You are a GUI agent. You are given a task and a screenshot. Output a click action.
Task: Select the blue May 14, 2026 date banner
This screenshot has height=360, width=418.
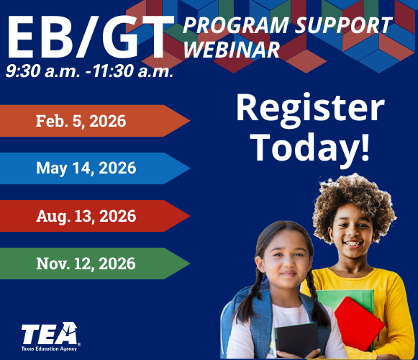pyautogui.click(x=86, y=168)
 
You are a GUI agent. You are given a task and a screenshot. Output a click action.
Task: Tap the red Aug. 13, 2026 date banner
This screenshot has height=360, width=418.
pyautogui.click(x=86, y=216)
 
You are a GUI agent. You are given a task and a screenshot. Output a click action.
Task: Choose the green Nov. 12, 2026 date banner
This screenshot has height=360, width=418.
pyautogui.click(x=86, y=264)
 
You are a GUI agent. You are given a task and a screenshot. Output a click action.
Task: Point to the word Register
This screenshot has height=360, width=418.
pyautogui.click(x=310, y=109)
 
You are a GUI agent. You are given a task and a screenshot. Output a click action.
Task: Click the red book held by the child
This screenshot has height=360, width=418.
pyautogui.click(x=359, y=323)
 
